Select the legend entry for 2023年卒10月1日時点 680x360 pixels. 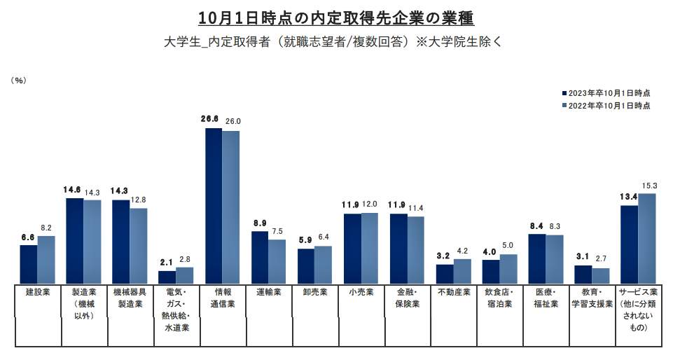point(606,92)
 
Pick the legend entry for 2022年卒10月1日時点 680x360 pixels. point(606,105)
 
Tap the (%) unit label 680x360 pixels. point(19,81)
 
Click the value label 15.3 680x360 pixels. point(648,185)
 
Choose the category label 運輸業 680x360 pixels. point(269,292)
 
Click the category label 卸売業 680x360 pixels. point(315,292)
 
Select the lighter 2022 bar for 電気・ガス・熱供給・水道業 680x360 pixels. point(184,275)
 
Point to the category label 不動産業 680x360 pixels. point(453,292)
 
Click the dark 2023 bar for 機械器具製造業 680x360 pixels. point(120,242)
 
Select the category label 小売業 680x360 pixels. point(361,292)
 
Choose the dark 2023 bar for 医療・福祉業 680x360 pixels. point(536,258)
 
